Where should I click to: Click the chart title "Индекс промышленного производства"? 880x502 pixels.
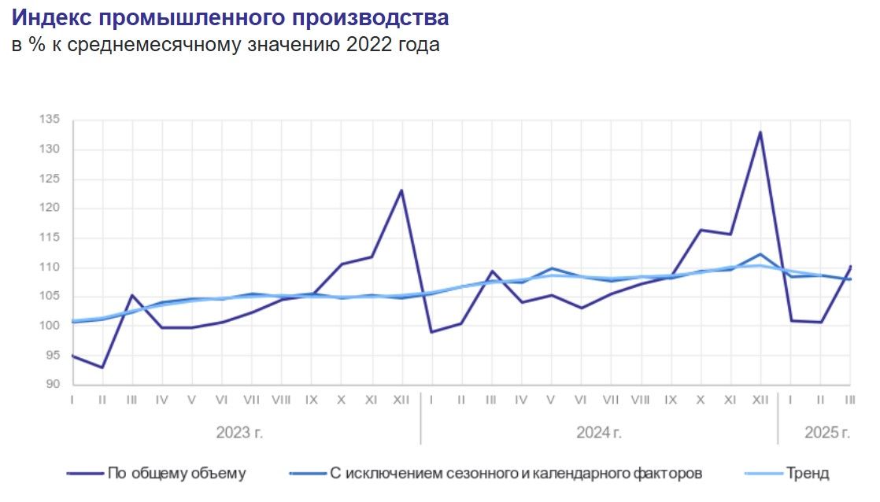click(x=231, y=18)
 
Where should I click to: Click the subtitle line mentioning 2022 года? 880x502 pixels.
click(x=225, y=46)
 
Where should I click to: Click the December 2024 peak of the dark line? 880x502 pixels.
click(x=760, y=132)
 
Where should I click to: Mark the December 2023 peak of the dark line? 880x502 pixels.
click(x=401, y=190)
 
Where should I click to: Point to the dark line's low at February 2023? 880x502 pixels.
click(x=102, y=367)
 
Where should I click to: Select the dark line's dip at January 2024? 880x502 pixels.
click(x=431, y=332)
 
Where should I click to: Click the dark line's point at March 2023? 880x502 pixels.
click(x=132, y=295)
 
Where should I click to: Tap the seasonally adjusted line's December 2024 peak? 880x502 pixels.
click(x=760, y=254)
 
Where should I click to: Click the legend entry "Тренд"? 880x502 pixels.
click(x=807, y=474)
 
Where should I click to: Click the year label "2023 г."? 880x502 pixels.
click(x=239, y=433)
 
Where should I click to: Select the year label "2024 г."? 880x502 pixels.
click(x=599, y=433)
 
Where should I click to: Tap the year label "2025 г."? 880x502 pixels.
click(x=826, y=433)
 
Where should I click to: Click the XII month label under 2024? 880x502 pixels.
click(x=760, y=400)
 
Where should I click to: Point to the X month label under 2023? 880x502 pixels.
click(x=342, y=400)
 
